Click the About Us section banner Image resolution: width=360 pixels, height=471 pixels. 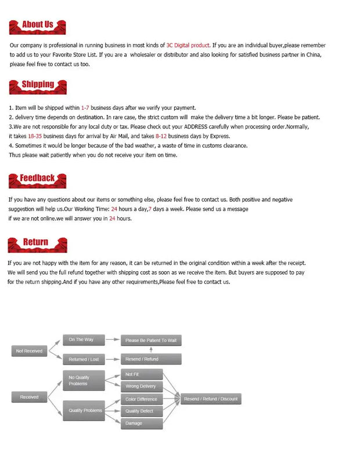click(37, 26)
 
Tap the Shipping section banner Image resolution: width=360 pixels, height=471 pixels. click(37, 86)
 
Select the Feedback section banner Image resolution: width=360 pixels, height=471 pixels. click(37, 179)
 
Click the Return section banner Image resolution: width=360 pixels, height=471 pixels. click(36, 243)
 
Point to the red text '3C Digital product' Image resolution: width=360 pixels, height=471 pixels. click(188, 45)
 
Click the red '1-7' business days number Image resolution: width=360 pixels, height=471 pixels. click(85, 107)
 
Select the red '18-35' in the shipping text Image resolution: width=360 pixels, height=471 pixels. click(35, 136)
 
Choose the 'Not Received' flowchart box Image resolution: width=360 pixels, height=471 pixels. click(29, 351)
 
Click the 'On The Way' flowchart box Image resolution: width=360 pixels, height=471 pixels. click(81, 339)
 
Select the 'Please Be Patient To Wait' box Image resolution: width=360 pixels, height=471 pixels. click(151, 340)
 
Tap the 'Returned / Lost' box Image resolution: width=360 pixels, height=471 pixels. click(84, 359)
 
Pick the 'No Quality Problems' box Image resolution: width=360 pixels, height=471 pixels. click(84, 380)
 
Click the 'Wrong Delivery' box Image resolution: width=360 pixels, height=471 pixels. click(141, 386)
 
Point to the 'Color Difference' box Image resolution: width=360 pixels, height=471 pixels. click(141, 399)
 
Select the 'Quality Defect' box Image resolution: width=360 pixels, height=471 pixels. click(141, 411)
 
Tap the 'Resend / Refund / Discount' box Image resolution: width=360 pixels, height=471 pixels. click(211, 399)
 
